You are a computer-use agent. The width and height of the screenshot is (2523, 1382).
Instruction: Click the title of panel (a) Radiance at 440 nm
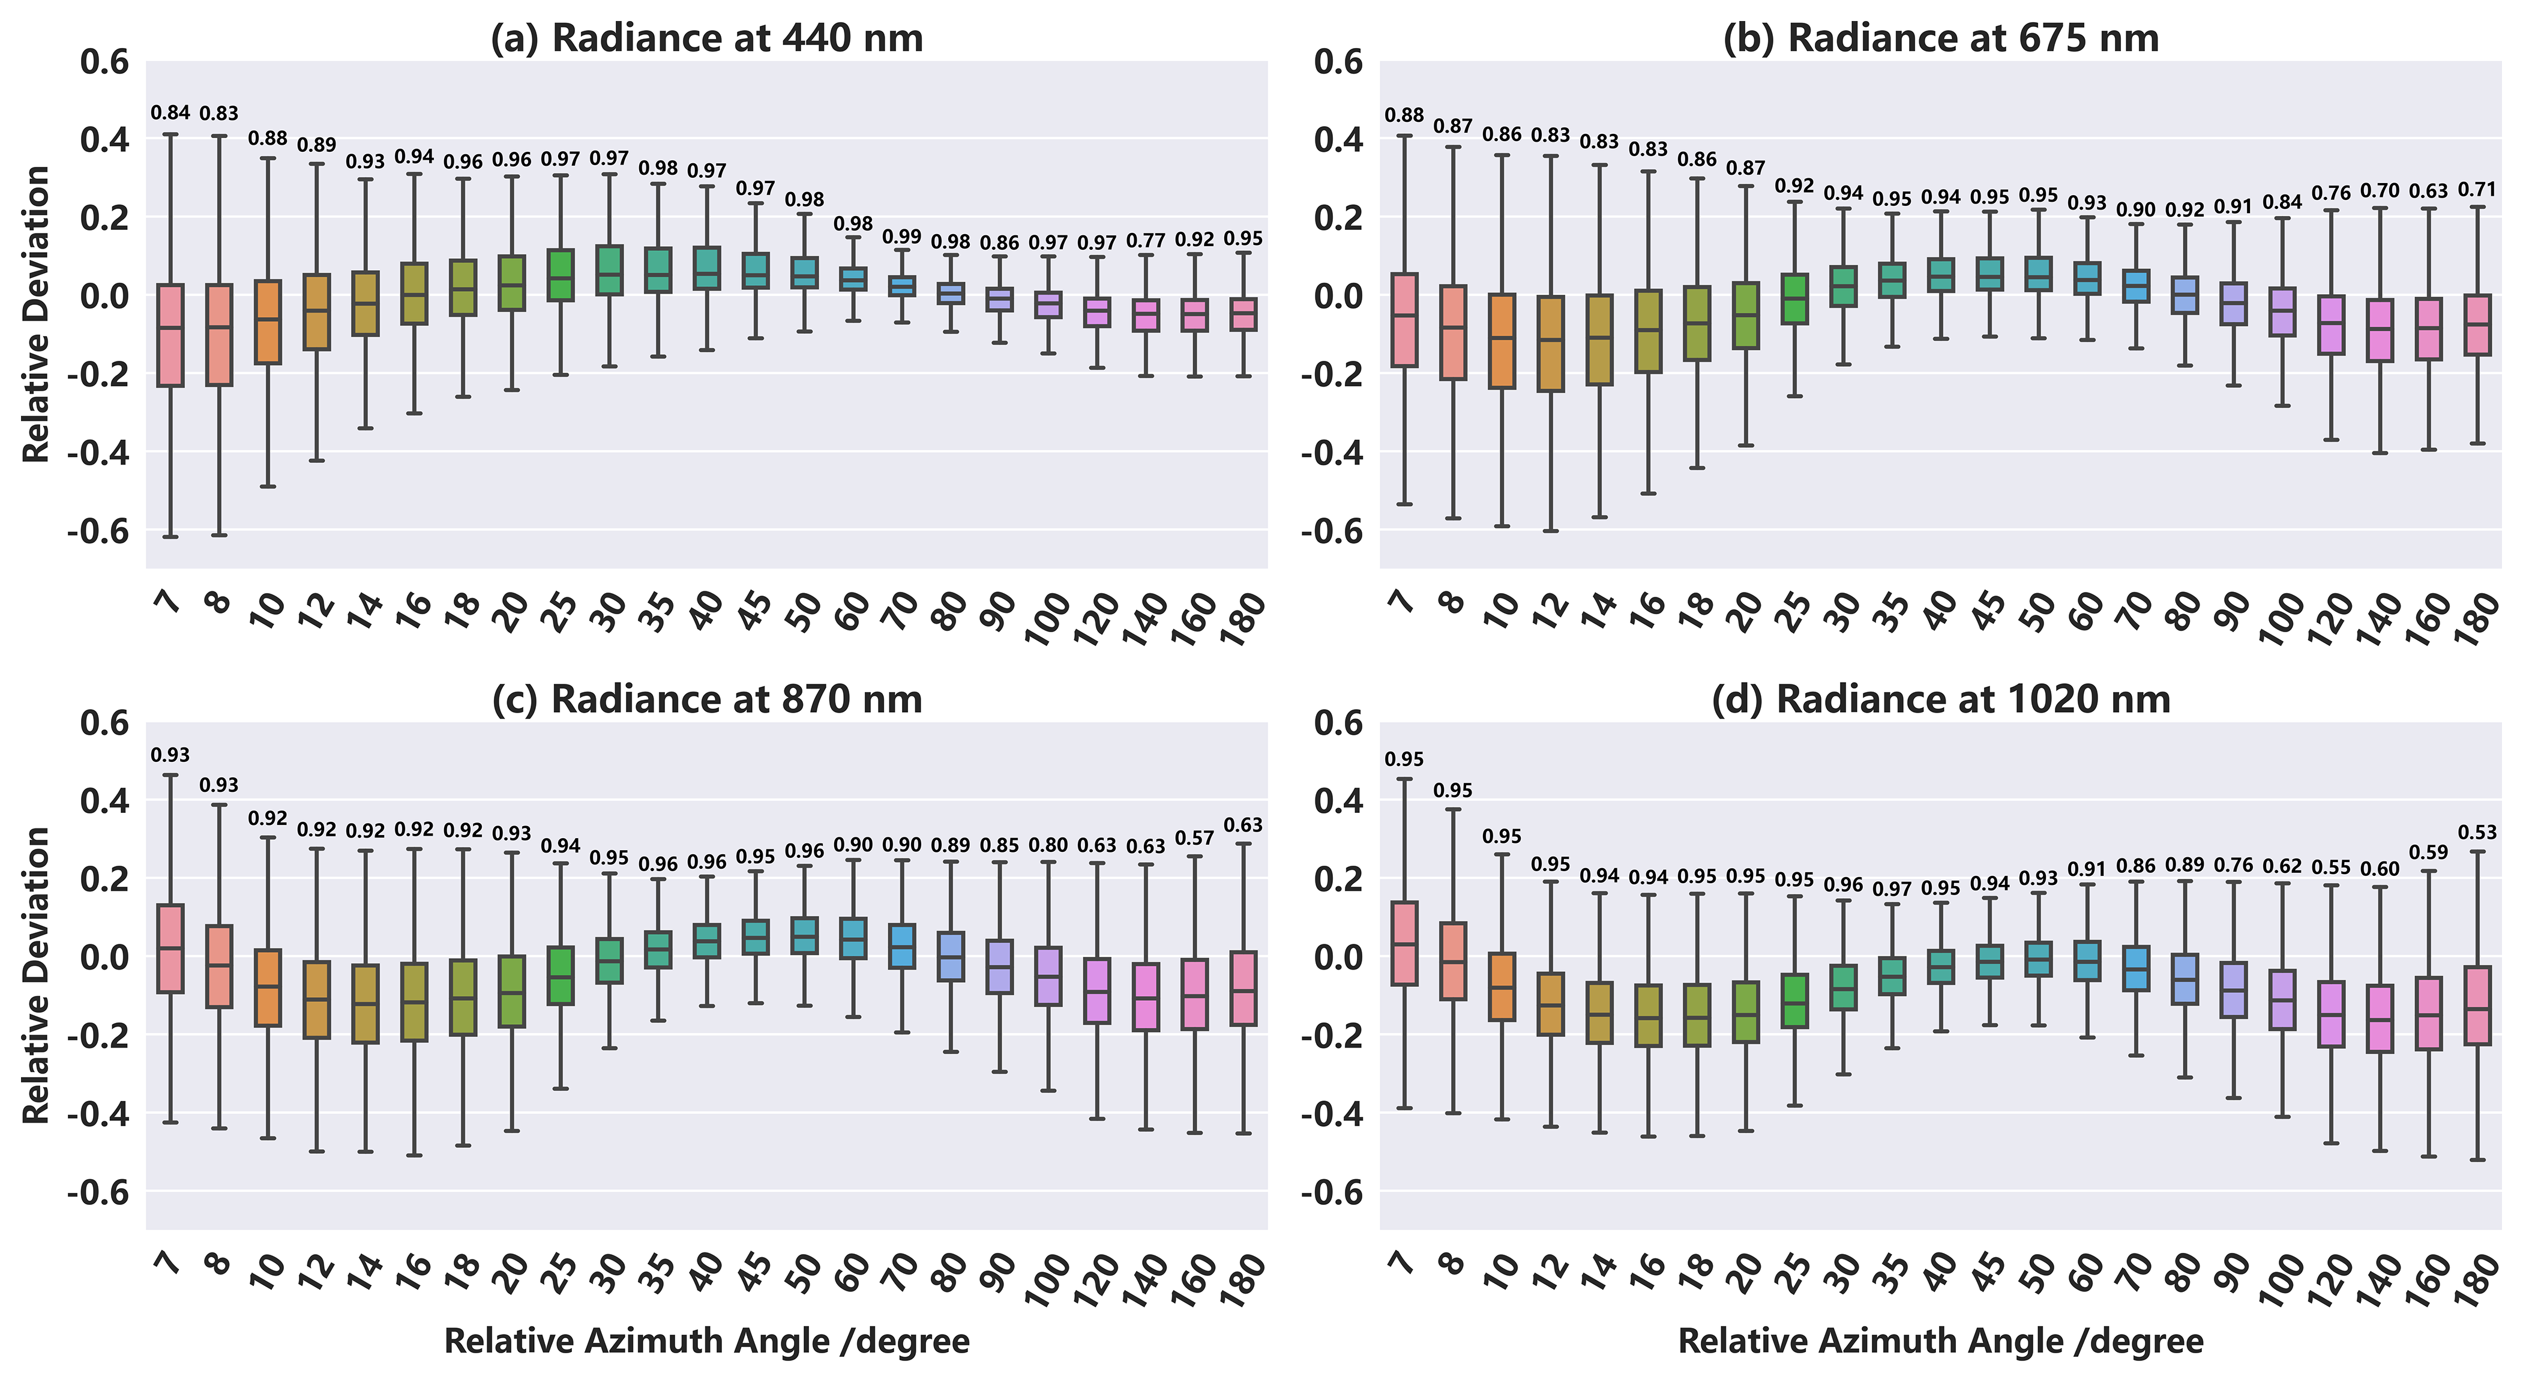[706, 38]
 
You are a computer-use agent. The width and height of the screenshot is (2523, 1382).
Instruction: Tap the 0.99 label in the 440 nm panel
[901, 237]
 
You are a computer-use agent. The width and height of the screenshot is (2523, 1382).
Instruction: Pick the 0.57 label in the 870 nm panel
[1194, 839]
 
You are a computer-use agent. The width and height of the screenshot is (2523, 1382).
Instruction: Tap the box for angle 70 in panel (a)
[901, 286]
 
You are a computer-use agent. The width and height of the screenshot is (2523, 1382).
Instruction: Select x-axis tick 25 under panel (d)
[1793, 1272]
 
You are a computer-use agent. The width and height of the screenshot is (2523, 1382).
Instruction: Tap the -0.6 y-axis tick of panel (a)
[98, 531]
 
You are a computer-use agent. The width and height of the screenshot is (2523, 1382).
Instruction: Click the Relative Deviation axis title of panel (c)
[36, 976]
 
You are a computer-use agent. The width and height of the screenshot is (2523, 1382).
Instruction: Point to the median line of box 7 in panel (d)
[1404, 944]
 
